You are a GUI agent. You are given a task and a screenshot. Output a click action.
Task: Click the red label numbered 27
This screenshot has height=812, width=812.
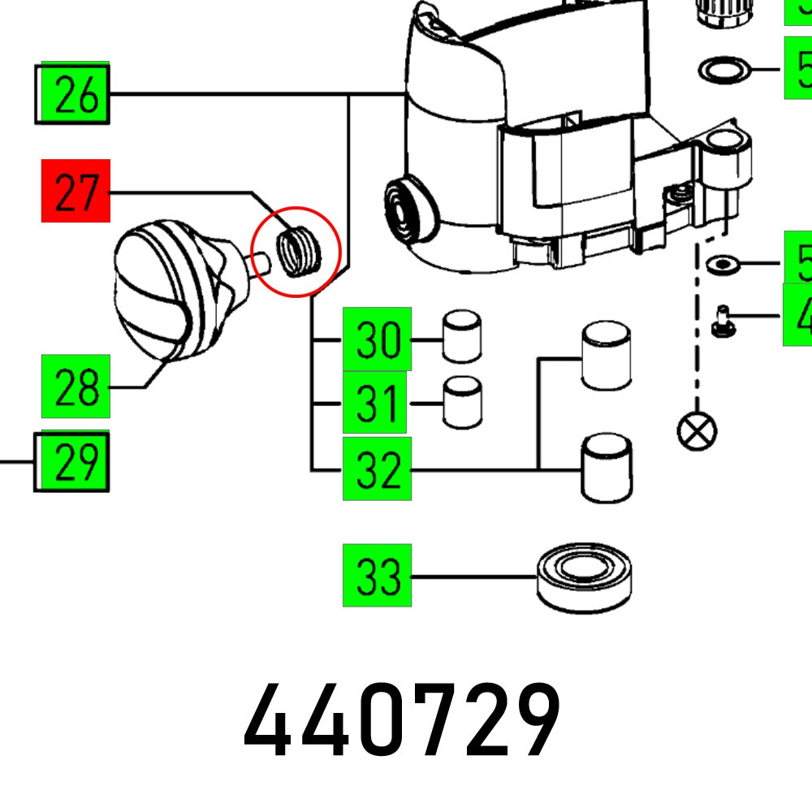click(x=75, y=191)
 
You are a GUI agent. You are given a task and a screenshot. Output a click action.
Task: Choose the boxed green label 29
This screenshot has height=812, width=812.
click(x=73, y=460)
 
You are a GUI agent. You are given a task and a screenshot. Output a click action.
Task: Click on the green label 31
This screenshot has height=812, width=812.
click(x=374, y=403)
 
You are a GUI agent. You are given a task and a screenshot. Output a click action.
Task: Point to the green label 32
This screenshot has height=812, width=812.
click(x=377, y=469)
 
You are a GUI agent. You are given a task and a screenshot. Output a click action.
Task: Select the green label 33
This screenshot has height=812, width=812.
click(x=377, y=576)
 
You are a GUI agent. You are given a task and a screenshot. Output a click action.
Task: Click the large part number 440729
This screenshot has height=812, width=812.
click(x=402, y=720)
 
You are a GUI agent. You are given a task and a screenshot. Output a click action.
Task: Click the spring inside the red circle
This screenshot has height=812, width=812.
click(x=298, y=249)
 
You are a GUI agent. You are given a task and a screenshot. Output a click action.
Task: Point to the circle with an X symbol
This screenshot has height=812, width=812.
click(x=697, y=429)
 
